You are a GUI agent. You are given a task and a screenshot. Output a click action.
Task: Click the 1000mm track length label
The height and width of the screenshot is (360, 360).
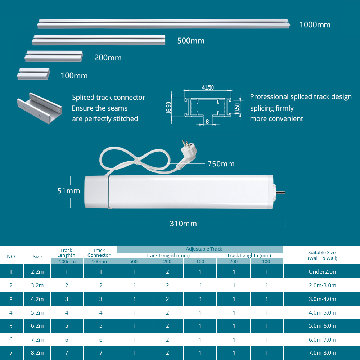pos(315,25)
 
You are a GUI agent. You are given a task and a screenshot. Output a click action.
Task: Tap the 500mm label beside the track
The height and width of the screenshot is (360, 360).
pos(191,41)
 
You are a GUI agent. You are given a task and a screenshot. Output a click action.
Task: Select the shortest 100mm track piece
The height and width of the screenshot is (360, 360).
pos(33,74)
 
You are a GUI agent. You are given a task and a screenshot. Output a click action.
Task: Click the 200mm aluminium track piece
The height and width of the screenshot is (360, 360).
pos(54,56)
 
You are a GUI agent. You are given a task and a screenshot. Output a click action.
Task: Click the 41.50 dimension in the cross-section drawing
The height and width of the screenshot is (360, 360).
pos(208,87)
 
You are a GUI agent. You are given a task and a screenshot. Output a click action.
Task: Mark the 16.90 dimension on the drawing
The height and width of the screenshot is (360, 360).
pos(168,108)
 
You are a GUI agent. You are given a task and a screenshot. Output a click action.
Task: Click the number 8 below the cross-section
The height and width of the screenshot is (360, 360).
pos(207,121)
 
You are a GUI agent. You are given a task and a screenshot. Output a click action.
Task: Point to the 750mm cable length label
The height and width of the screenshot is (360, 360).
pos(221,164)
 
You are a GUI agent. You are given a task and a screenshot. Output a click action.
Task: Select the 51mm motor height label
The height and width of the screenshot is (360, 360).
pos(69,191)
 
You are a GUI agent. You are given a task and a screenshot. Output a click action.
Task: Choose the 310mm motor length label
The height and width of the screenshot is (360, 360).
pos(183,224)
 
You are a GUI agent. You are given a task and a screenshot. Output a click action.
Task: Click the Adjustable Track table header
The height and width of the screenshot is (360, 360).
pos(204,249)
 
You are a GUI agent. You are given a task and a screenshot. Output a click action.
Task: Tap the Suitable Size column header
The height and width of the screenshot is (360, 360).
pos(322,255)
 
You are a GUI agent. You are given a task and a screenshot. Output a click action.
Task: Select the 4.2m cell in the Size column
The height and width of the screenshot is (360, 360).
pos(37,299)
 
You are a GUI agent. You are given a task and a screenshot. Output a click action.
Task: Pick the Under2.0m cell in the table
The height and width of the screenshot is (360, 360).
pos(323,271)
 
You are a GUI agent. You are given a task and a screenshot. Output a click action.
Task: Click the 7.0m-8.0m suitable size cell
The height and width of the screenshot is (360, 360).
pos(322,353)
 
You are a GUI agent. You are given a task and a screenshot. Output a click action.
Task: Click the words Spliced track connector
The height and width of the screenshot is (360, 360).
pos(108,97)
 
